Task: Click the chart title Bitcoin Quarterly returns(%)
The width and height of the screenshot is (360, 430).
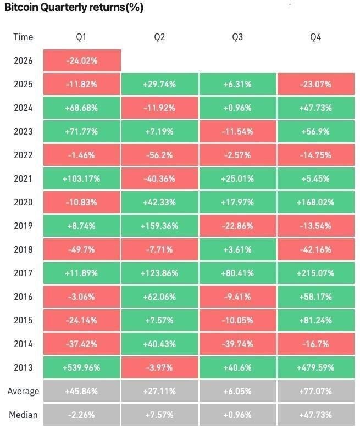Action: click(74, 7)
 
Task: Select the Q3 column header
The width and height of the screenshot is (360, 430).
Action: click(237, 37)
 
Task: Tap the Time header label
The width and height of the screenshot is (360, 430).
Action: click(23, 37)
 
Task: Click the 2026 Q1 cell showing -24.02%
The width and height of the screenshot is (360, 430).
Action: click(82, 60)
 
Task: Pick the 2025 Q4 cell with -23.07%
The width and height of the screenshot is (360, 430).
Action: click(315, 84)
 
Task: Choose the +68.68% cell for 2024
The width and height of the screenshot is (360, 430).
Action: click(82, 108)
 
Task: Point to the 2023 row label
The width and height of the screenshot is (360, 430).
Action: click(23, 131)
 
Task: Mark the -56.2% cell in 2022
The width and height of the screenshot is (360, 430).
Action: click(160, 155)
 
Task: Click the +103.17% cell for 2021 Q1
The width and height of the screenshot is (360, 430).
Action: click(82, 178)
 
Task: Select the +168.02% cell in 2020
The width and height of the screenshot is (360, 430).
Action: click(315, 202)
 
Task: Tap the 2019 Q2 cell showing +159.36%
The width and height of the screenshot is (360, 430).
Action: click(160, 226)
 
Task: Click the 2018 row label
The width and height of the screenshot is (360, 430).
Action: click(23, 249)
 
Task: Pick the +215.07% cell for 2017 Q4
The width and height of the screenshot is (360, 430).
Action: click(315, 273)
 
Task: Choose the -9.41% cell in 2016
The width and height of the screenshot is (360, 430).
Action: click(237, 297)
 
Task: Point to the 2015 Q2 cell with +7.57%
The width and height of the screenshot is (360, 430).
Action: click(160, 320)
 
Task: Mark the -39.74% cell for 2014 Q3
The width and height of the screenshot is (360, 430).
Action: click(237, 344)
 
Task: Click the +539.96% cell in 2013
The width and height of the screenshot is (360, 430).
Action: click(82, 367)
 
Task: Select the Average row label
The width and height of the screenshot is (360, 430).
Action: click(23, 391)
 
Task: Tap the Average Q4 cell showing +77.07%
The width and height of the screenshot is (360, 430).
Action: click(315, 391)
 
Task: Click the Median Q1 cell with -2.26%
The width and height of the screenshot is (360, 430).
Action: click(82, 415)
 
